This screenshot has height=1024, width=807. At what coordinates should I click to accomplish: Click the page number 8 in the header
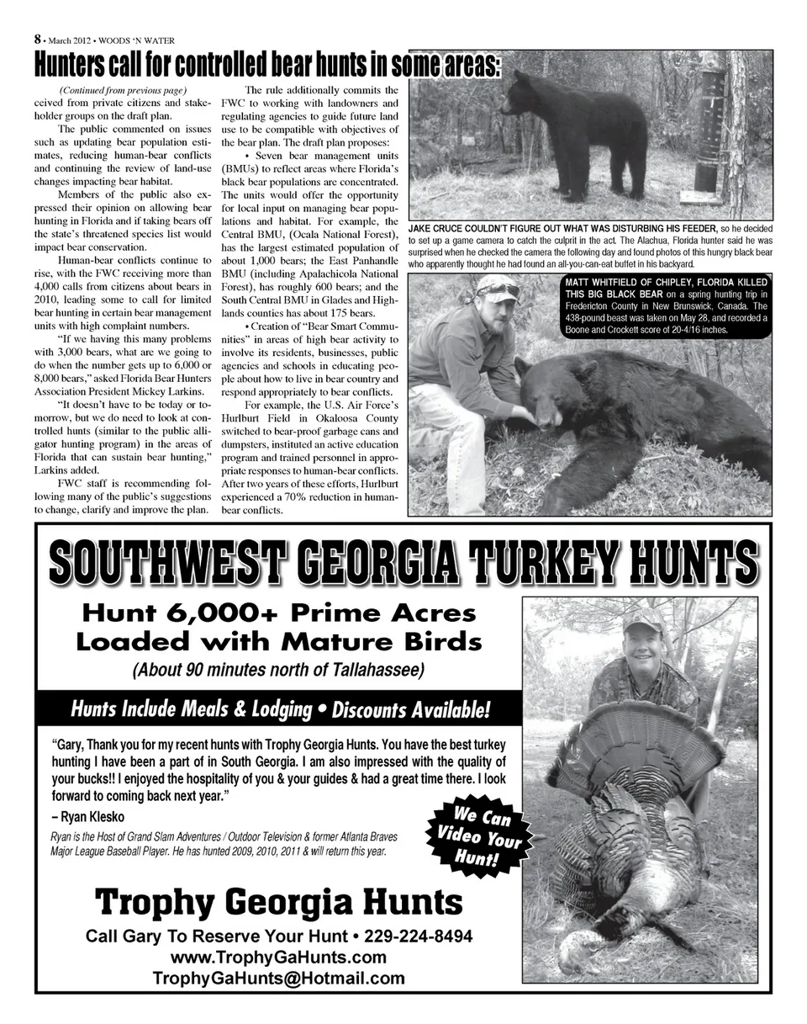click(38, 39)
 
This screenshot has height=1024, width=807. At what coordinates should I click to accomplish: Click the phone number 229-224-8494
click(417, 936)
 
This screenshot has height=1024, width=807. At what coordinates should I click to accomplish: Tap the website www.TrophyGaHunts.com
click(278, 958)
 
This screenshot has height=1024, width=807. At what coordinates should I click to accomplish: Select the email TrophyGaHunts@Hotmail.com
click(278, 979)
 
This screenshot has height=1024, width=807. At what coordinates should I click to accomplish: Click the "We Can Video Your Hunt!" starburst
click(477, 836)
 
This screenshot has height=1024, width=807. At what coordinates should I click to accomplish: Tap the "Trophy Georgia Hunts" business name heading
click(278, 903)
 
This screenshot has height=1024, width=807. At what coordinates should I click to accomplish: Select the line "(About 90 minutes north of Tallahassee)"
click(278, 671)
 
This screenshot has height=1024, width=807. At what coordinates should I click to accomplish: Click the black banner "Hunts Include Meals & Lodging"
click(280, 709)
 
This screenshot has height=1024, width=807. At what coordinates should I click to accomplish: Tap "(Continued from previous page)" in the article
click(123, 90)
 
